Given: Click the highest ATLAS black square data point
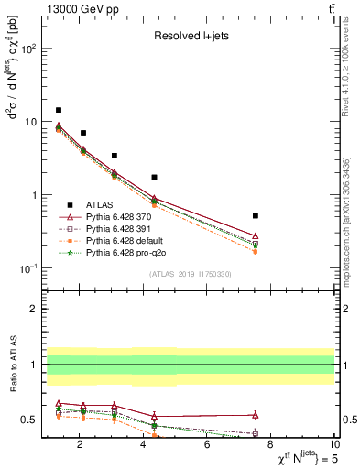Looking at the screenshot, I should coord(59,110).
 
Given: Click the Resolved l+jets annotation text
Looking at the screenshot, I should coord(190,37).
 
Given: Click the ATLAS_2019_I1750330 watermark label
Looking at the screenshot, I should coord(190,274).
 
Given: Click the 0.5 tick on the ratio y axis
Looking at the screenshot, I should coord(27,420).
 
